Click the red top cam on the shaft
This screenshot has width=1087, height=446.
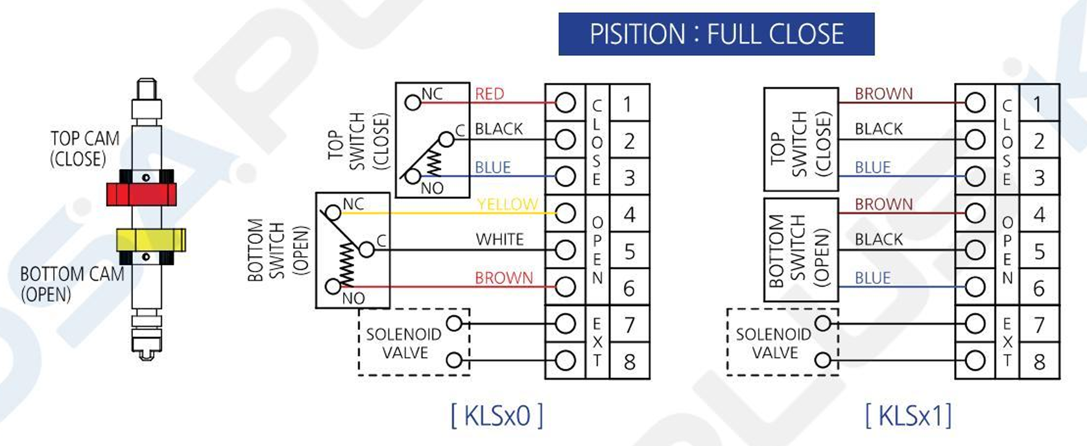pyautogui.click(x=141, y=194)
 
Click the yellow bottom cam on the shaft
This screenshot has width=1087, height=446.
pyautogui.click(x=150, y=239)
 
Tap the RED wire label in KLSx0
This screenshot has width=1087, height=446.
pyautogui.click(x=489, y=94)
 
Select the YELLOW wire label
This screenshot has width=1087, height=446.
pyautogui.click(x=507, y=204)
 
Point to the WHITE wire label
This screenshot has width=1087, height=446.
pyautogui.click(x=499, y=240)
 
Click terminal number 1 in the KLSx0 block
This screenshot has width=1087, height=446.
pyautogui.click(x=628, y=104)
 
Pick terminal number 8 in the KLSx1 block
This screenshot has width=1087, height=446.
pyautogui.click(x=1039, y=362)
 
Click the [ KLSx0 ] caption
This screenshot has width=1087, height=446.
pyautogui.click(x=497, y=416)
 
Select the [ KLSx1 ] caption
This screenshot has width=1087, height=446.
pyautogui.click(x=908, y=416)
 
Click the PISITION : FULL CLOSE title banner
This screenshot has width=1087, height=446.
pyautogui.click(x=716, y=34)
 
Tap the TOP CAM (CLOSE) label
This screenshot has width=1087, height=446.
pyautogui.click(x=84, y=148)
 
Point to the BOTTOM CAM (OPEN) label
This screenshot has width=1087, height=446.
pyautogui.click(x=72, y=284)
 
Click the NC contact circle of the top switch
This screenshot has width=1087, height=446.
pyautogui.click(x=412, y=102)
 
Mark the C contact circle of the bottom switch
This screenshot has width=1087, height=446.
pyautogui.click(x=366, y=250)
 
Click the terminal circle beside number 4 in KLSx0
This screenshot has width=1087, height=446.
pyautogui.click(x=565, y=213)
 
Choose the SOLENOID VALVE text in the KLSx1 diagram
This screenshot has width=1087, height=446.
pyautogui.click(x=774, y=344)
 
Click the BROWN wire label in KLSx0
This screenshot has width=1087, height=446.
pyautogui.click(x=504, y=278)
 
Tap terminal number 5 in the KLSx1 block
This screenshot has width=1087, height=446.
pyautogui.click(x=1039, y=252)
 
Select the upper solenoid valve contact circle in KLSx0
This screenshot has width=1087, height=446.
pyautogui.click(x=455, y=323)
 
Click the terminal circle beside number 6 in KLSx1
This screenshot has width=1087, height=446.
pyautogui.click(x=975, y=287)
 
